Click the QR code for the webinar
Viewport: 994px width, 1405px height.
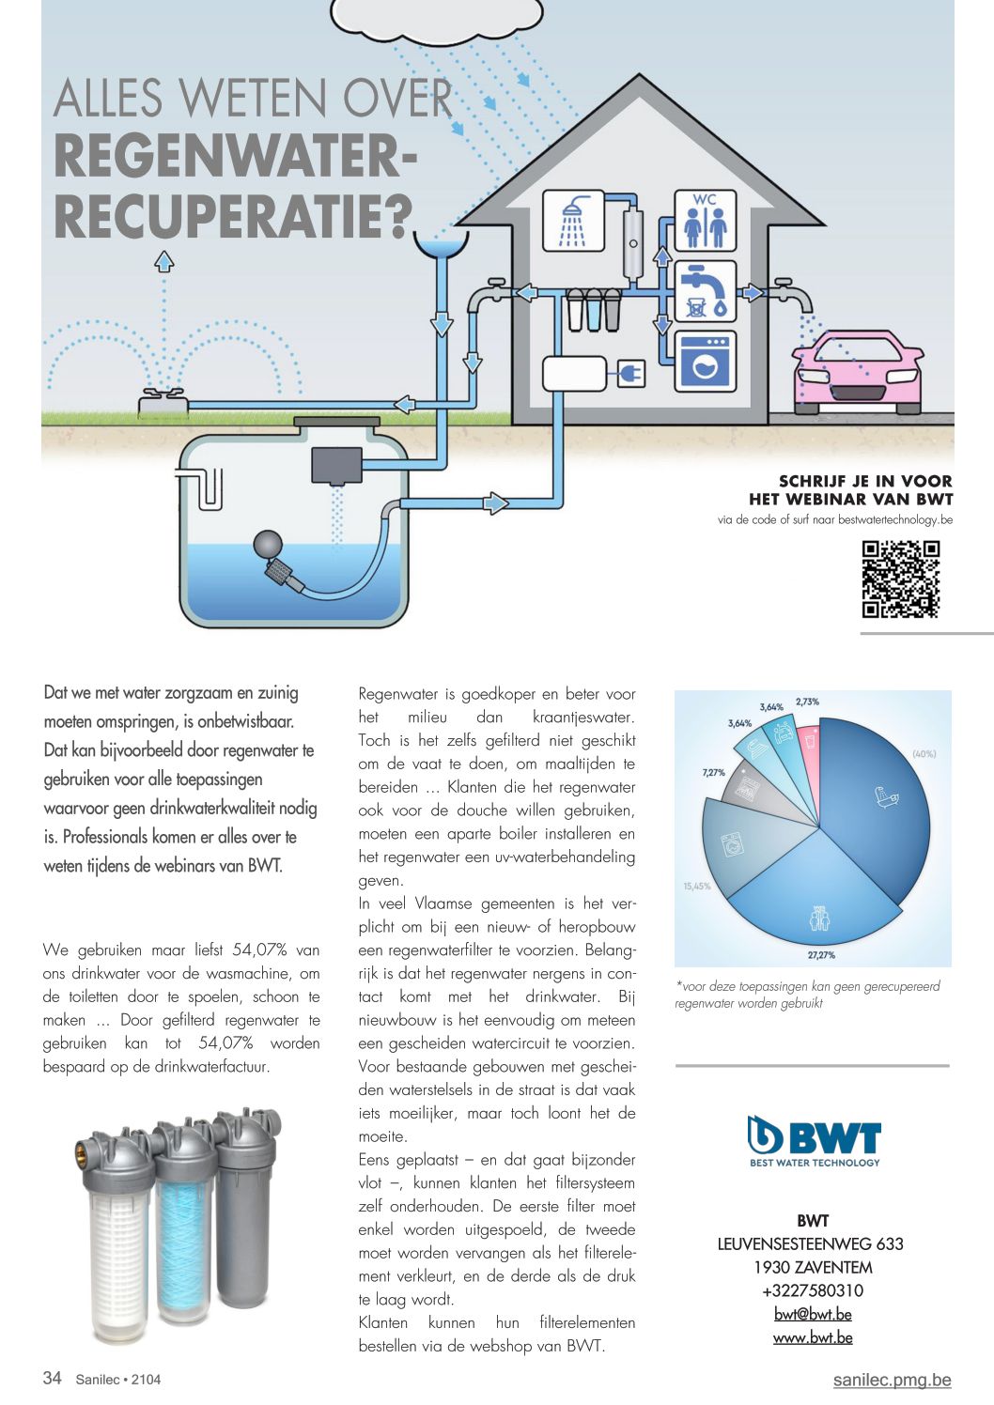900,579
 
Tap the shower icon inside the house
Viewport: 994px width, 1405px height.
573,220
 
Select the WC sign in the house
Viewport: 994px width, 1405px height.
706,221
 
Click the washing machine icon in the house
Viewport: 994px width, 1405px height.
706,362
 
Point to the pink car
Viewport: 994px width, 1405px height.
858,373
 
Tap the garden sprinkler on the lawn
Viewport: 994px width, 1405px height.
163,401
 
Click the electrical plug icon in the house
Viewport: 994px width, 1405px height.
631,375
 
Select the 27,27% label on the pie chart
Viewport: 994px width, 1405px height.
821,955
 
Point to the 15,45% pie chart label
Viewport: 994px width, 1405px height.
696,887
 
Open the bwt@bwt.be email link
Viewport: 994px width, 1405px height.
813,1314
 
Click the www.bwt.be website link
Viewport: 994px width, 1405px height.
813,1338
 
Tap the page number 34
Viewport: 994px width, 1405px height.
52,1378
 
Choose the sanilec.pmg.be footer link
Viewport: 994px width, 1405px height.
892,1381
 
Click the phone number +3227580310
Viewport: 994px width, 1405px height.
813,1290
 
